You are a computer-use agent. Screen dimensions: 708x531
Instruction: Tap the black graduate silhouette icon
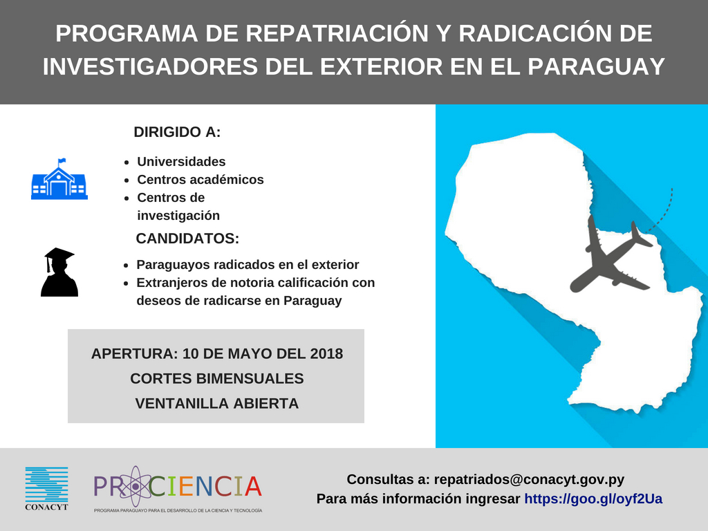[59, 272]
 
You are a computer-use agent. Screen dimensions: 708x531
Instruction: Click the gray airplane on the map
[610, 255]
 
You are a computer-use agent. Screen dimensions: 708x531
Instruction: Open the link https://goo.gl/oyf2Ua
[593, 499]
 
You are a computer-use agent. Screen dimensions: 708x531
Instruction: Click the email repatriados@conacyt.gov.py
[529, 479]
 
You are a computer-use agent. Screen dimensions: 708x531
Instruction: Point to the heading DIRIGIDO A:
[177, 132]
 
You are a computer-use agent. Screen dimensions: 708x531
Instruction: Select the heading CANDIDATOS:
[187, 238]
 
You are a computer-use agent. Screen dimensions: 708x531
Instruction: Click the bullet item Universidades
[182, 161]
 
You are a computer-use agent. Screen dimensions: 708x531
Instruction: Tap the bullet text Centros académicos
[201, 179]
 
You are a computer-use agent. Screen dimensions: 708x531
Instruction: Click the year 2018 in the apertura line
[326, 353]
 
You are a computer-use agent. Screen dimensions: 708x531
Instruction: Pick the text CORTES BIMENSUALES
[216, 378]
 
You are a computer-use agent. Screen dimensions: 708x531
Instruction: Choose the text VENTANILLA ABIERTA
[216, 403]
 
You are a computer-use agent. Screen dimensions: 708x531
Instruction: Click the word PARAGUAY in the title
[596, 66]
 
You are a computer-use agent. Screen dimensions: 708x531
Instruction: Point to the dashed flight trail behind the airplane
[664, 212]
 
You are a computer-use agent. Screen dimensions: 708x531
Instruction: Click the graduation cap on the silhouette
[59, 256]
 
